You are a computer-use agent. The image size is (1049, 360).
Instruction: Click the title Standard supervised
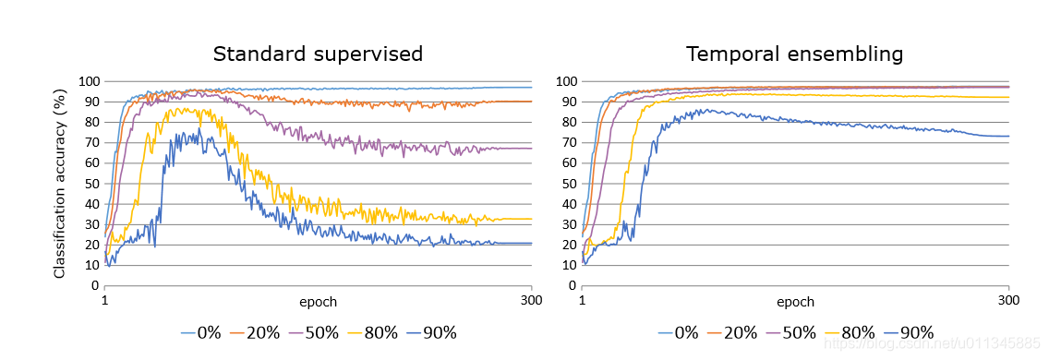tap(318, 54)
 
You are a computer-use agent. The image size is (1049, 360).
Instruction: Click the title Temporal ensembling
tap(794, 54)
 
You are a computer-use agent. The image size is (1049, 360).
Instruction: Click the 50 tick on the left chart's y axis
tap(90, 184)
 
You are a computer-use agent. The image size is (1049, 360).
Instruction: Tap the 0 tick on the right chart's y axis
tap(572, 285)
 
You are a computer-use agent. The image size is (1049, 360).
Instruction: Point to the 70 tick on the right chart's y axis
tap(568, 142)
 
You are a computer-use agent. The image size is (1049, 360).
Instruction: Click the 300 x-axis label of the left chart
tap(531, 301)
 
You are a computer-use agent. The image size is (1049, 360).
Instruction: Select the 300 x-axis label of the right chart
tap(1008, 301)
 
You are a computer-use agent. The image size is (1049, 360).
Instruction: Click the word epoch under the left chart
tap(318, 302)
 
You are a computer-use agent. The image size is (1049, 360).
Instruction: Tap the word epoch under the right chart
tap(795, 302)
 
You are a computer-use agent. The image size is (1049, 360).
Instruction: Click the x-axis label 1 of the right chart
tap(582, 301)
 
